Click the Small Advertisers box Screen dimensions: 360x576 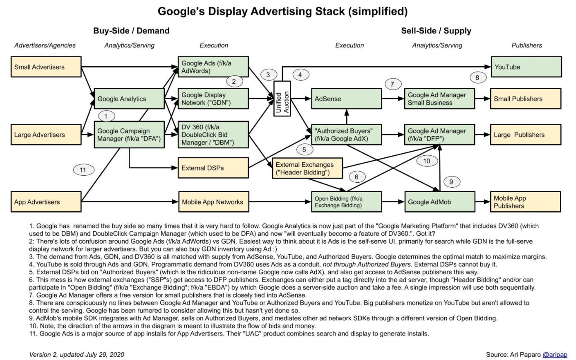[x=46, y=67]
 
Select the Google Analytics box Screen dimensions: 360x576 [x=129, y=99]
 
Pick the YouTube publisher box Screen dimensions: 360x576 [x=526, y=67]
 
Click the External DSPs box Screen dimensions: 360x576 [x=213, y=168]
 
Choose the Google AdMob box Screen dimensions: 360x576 [x=439, y=202]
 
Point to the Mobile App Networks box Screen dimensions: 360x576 [x=213, y=202]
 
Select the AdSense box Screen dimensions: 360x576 [x=346, y=99]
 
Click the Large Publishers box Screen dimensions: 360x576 [x=526, y=135]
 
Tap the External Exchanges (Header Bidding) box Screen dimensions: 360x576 [x=308, y=168]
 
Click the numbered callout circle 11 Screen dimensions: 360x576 [x=83, y=170]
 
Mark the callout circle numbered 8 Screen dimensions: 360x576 [x=477, y=77]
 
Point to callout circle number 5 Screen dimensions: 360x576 [x=304, y=150]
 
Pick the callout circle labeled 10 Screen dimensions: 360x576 [x=427, y=161]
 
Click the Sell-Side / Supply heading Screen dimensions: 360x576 [x=436, y=31]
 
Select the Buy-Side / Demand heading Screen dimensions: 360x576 [x=131, y=31]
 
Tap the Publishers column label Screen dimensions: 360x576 [x=526, y=45]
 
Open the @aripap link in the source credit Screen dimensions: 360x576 [x=555, y=355]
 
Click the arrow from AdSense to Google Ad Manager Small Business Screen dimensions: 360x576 [x=393, y=99]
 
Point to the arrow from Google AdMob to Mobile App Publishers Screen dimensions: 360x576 [x=482, y=202]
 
